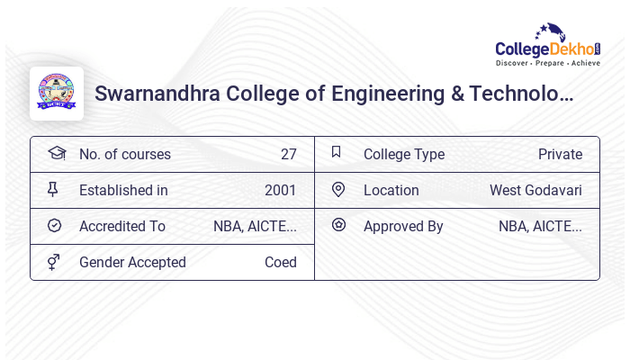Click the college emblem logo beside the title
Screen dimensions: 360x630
click(x=56, y=94)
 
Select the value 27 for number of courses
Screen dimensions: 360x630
click(x=288, y=154)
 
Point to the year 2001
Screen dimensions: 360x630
click(x=280, y=190)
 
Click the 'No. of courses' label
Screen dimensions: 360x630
click(x=124, y=154)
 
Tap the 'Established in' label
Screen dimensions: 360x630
click(x=123, y=190)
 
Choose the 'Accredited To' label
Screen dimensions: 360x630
click(x=122, y=226)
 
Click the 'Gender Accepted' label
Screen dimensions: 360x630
click(x=132, y=262)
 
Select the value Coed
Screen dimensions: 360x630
click(x=280, y=262)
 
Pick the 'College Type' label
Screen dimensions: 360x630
click(x=404, y=154)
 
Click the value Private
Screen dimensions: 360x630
click(x=560, y=154)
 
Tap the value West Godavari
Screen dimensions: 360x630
click(x=535, y=190)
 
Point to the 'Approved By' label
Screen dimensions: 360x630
click(x=403, y=226)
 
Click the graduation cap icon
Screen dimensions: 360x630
click(x=56, y=153)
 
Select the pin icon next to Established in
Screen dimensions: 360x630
click(x=53, y=189)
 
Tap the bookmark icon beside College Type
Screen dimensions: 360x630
click(x=337, y=152)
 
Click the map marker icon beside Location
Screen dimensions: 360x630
click(x=338, y=189)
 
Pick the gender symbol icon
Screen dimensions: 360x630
click(x=54, y=261)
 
